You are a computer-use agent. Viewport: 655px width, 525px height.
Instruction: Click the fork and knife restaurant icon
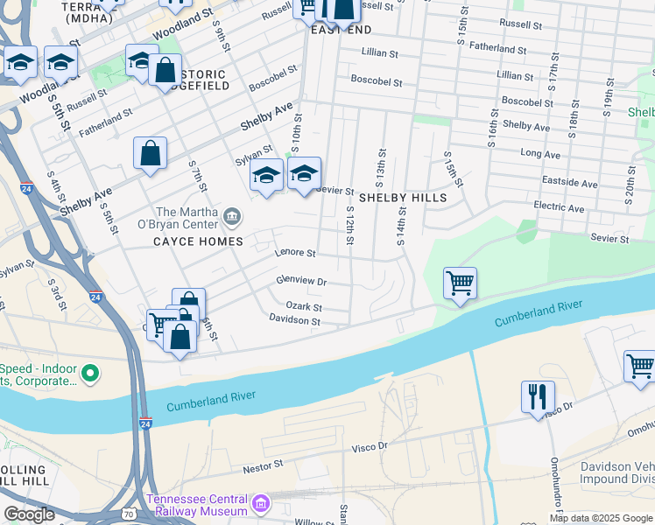[538, 396]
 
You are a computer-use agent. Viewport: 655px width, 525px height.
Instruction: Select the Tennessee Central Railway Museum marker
[260, 504]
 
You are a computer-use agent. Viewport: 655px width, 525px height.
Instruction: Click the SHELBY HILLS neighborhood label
[403, 198]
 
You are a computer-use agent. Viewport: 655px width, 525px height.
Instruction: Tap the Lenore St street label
[294, 253]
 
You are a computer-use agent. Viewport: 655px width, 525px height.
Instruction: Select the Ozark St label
[304, 307]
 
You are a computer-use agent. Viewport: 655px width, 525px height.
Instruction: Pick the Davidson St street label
[295, 321]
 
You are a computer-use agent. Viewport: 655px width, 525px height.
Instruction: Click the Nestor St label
[264, 468]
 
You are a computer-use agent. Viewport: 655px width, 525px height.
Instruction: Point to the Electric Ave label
[559, 208]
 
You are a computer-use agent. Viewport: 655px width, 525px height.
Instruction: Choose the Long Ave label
[540, 154]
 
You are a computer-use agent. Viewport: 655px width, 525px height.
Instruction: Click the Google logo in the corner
[29, 514]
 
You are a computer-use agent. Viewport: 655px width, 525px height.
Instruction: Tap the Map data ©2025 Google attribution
[601, 518]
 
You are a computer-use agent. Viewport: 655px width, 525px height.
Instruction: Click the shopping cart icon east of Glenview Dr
[460, 283]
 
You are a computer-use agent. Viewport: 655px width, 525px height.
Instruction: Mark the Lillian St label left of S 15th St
[379, 53]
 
